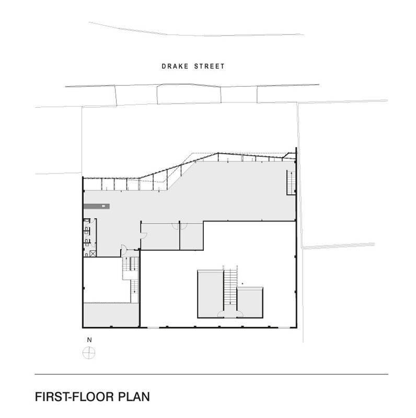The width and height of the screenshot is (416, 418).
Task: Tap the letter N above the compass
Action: click(89, 340)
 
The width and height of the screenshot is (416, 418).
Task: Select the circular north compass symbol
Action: click(89, 353)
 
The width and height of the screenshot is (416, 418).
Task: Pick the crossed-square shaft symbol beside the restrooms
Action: click(93, 253)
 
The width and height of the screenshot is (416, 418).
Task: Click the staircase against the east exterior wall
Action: click(291, 182)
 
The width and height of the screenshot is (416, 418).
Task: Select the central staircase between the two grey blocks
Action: click(230, 287)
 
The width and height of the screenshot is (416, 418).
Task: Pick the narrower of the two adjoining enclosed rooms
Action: click(191, 236)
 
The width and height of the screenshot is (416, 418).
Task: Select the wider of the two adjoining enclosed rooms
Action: click(160, 236)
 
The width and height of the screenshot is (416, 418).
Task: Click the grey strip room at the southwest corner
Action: click(111, 315)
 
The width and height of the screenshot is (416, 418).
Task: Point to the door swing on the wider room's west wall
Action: click(143, 234)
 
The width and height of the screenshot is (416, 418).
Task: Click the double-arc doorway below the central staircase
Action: click(230, 313)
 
